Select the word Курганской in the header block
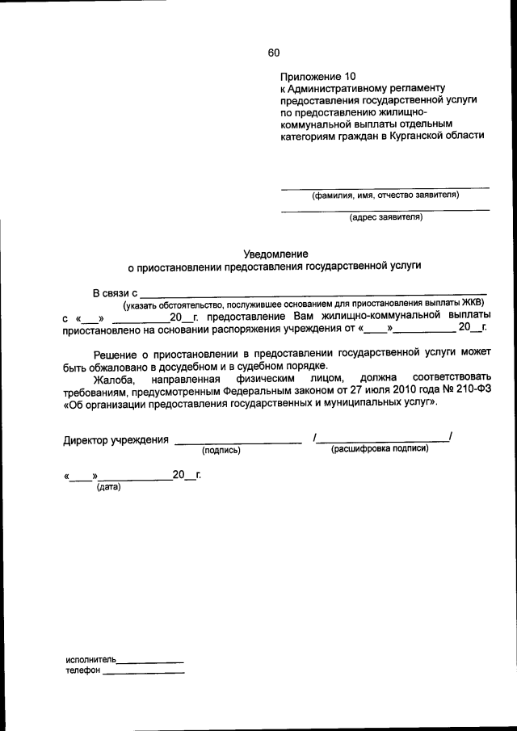[433, 136]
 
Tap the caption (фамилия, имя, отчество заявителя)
[385, 195]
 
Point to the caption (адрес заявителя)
[385, 217]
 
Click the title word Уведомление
[275, 254]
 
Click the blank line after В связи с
[315, 296]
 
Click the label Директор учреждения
[116, 440]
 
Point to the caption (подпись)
[221, 451]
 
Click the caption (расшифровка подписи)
[380, 449]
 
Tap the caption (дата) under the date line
[108, 487]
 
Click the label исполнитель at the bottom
[91, 660]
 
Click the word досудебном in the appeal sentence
[178, 365]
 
